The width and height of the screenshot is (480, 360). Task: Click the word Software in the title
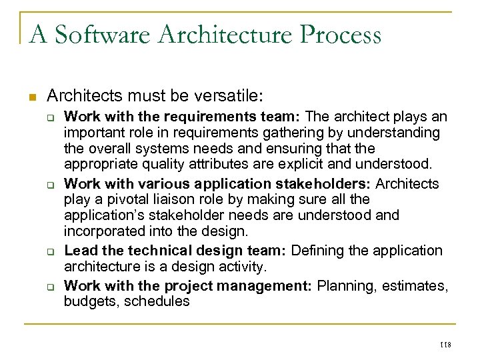pyautogui.click(x=91, y=33)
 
